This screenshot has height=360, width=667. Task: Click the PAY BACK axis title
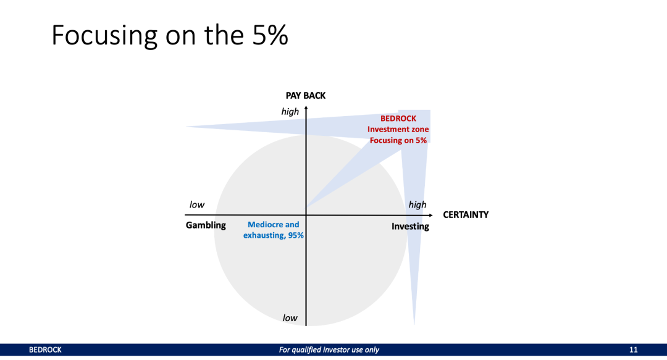305,96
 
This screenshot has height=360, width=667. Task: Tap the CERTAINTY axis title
466,215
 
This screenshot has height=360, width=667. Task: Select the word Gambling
206,225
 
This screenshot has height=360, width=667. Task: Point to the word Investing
410,227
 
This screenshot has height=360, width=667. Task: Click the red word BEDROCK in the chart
398,119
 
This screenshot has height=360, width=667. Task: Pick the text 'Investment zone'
398,130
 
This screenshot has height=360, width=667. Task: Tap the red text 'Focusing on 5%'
398,141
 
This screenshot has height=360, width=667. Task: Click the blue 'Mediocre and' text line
273,225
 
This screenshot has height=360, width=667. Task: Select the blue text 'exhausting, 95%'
273,236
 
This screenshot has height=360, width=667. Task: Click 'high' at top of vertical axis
290,112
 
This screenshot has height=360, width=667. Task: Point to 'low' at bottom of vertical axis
290,318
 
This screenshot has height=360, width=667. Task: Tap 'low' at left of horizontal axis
196,205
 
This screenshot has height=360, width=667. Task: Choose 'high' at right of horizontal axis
417,205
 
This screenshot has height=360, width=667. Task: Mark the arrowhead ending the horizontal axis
436,215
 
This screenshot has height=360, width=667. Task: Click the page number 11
633,350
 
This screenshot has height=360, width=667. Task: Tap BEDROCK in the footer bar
45,350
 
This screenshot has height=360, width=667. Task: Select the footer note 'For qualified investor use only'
329,350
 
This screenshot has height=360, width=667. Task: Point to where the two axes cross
306,215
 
